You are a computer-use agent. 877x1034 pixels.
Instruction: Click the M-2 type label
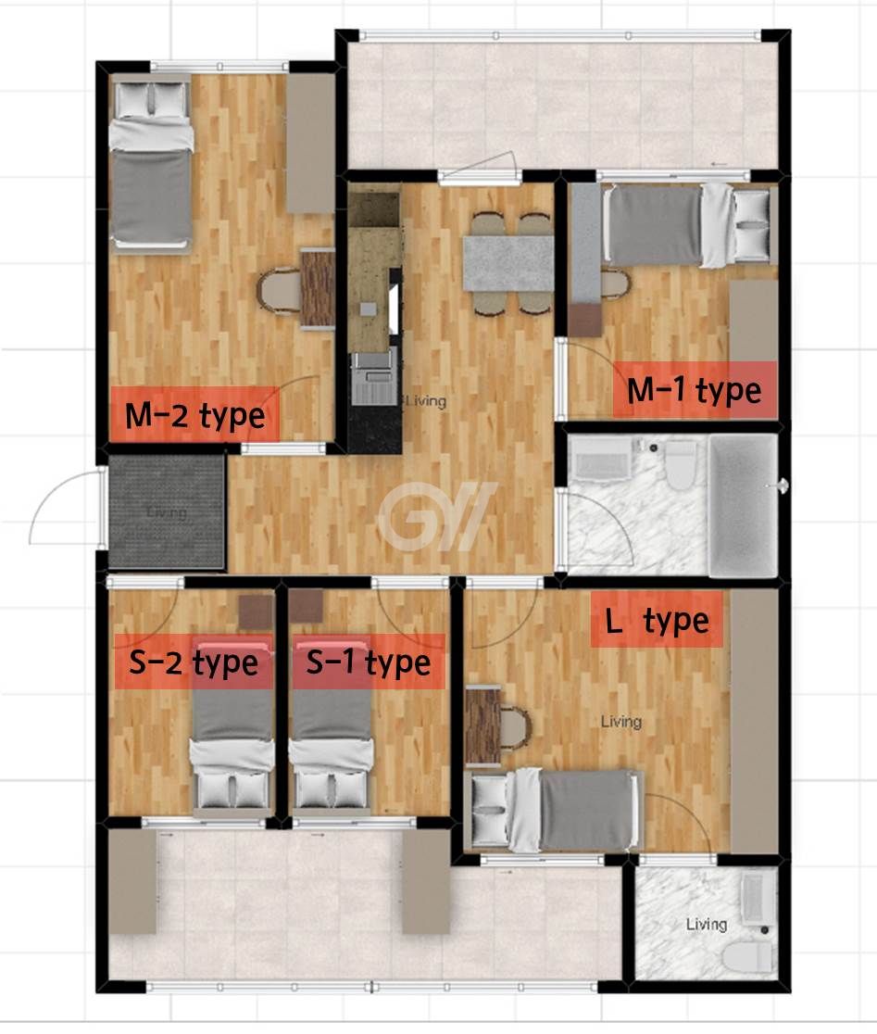(x=195, y=415)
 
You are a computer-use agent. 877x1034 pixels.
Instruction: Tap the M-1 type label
(x=695, y=390)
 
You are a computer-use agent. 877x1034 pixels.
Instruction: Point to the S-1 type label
(x=369, y=662)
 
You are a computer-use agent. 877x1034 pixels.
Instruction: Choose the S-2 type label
(x=194, y=662)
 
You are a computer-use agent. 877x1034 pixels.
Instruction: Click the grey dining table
(x=508, y=264)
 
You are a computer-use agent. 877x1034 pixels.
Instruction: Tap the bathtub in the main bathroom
(x=744, y=505)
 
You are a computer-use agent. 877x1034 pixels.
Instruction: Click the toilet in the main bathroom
(x=682, y=465)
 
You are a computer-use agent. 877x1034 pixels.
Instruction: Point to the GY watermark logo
(x=438, y=516)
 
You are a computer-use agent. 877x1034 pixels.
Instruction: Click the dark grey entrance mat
(x=166, y=511)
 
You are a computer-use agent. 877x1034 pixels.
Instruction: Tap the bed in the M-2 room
(x=151, y=164)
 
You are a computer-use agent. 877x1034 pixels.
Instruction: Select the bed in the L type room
(x=553, y=811)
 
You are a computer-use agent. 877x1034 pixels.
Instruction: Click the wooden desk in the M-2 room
(x=318, y=288)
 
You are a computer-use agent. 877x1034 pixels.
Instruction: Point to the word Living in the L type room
(x=621, y=722)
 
